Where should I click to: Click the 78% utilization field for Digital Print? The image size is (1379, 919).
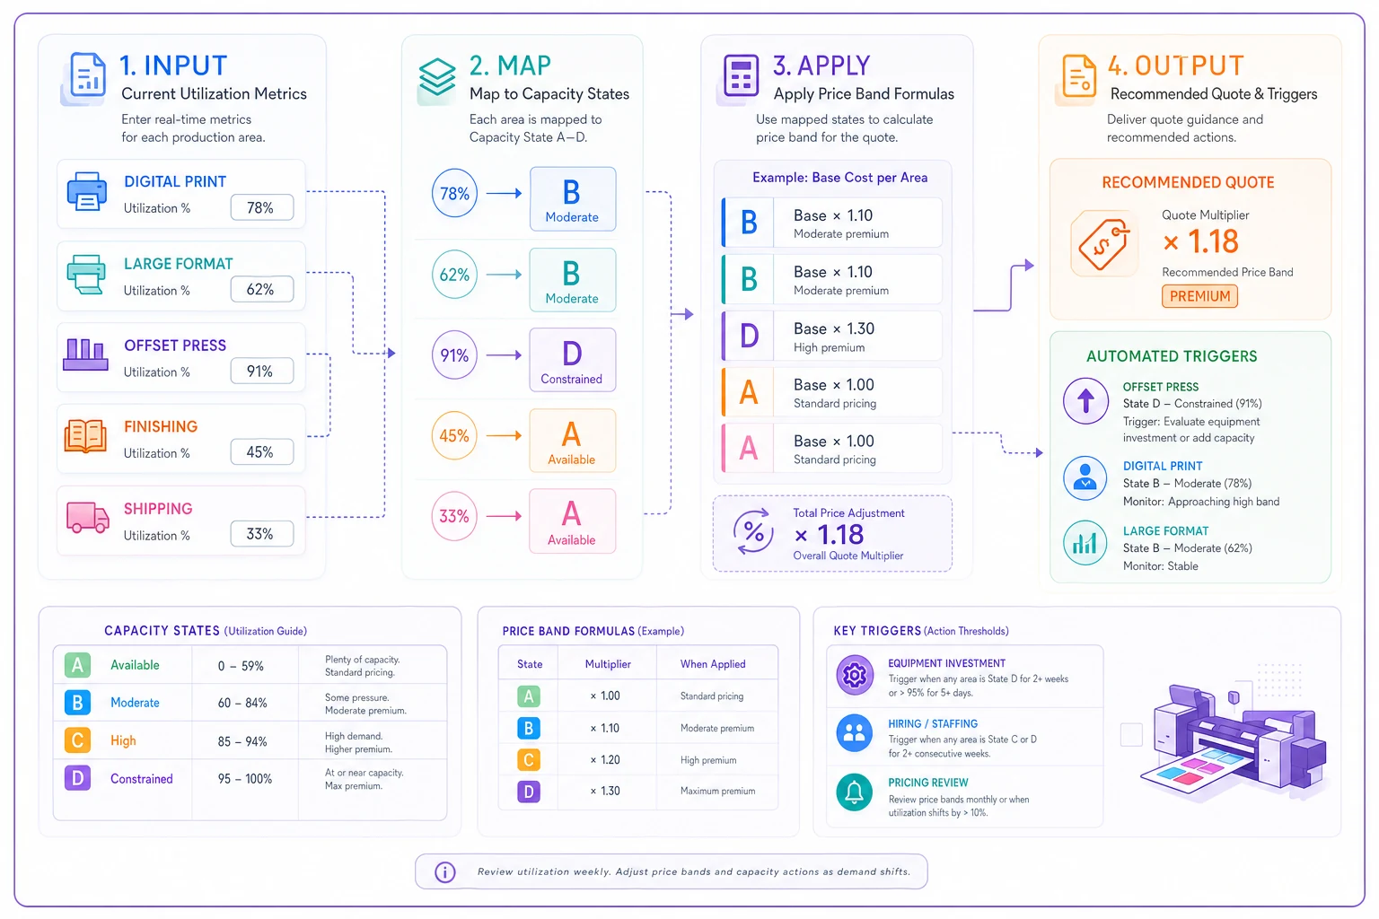261,207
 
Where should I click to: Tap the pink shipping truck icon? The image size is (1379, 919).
87,516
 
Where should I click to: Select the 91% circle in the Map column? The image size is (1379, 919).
454,355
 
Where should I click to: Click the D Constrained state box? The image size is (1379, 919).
572,360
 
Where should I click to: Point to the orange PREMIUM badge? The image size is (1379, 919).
1199,296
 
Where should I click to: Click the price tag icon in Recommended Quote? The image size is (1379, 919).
1103,244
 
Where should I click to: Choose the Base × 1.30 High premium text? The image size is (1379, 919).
833,337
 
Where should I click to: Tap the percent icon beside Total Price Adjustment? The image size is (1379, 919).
753,531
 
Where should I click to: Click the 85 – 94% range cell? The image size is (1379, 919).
242,741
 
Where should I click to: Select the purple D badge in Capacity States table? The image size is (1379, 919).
77,778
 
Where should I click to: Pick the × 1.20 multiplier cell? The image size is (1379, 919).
604,759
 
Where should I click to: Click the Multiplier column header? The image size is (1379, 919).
608,663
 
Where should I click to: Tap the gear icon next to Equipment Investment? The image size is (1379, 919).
855,675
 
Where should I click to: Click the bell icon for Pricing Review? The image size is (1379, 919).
855,792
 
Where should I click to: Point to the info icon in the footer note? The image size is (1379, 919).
445,871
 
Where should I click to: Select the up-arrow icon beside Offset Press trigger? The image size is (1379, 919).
1085,400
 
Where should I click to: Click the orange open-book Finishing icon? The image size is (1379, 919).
85,436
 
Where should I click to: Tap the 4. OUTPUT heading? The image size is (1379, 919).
1175,66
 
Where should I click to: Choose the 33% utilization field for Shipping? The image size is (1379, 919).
261,534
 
